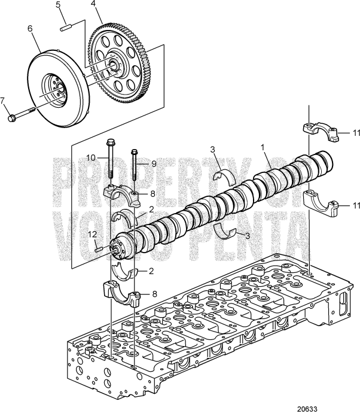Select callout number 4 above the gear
(x=93, y=4)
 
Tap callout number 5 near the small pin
(x=58, y=5)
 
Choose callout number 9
(x=152, y=163)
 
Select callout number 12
(x=92, y=233)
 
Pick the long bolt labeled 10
(x=111, y=162)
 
